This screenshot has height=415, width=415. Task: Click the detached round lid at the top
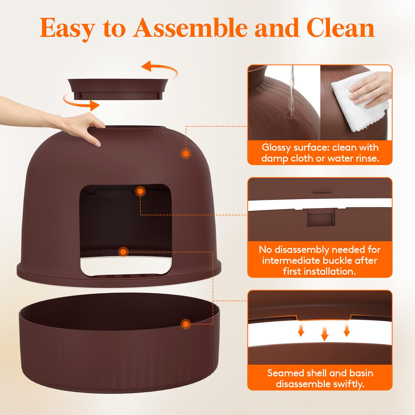[118, 89]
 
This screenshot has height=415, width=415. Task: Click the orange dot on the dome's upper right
[186, 154]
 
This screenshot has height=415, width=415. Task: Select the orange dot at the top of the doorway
[140, 191]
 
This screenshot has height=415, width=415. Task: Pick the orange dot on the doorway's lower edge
[123, 252]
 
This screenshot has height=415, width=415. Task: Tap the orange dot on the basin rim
[186, 324]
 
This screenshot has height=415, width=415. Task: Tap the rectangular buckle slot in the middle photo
[321, 218]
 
